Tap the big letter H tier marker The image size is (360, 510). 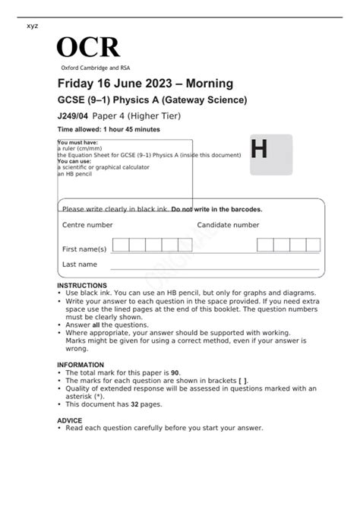[x=259, y=150]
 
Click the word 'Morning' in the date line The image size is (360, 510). [x=210, y=84]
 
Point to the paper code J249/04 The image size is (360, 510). [x=76, y=116]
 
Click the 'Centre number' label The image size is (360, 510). [x=87, y=225]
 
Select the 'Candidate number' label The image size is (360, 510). [x=228, y=225]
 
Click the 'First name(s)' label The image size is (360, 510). [x=84, y=249]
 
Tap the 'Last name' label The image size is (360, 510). [x=80, y=265]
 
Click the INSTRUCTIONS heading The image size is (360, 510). [x=82, y=285]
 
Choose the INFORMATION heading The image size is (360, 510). [x=81, y=365]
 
